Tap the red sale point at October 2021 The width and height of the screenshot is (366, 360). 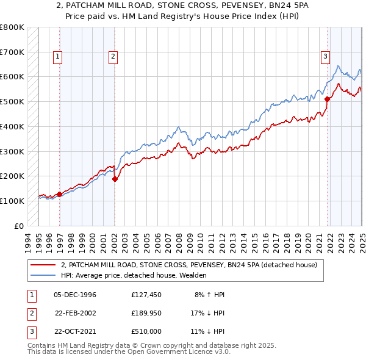point(327,99)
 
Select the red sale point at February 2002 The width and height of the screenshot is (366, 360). point(115,178)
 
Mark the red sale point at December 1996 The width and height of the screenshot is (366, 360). point(60,194)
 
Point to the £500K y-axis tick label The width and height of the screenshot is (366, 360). point(12,101)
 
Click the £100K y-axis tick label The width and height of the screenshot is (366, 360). point(12,201)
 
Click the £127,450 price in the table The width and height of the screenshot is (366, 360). point(145,295)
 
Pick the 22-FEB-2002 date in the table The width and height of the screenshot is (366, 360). point(76,313)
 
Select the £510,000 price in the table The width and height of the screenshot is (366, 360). point(145,331)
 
